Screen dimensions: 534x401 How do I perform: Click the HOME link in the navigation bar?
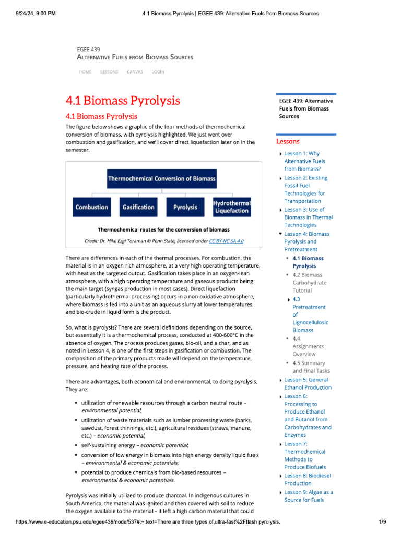pyautogui.click(x=85, y=72)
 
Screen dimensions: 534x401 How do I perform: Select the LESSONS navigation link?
pyautogui.click(x=109, y=72)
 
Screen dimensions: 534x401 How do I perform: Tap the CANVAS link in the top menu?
pyautogui.click(x=135, y=72)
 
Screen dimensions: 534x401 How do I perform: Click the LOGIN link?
pyautogui.click(x=158, y=72)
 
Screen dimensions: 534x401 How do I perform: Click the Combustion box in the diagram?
pyautogui.click(x=92, y=207)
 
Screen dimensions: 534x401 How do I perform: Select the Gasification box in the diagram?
pyautogui.click(x=138, y=207)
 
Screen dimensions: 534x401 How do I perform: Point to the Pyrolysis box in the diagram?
pyautogui.click(x=185, y=207)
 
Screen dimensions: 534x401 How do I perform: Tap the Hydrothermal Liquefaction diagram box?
pyautogui.click(x=232, y=207)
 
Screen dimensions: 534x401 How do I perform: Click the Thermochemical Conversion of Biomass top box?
pyautogui.click(x=162, y=179)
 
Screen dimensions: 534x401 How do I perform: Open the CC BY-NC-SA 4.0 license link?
pyautogui.click(x=226, y=241)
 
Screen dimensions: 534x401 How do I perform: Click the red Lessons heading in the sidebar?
pyautogui.click(x=288, y=141)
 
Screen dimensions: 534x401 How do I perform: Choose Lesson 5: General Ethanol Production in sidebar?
pyautogui.click(x=308, y=383)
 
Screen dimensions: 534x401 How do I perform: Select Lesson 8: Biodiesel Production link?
pyautogui.click(x=308, y=479)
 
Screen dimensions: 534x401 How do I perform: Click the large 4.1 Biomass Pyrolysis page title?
pyautogui.click(x=123, y=100)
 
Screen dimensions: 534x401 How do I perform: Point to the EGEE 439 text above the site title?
pyautogui.click(x=88, y=50)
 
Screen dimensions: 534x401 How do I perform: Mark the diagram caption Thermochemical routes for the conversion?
pyautogui.click(x=163, y=229)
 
